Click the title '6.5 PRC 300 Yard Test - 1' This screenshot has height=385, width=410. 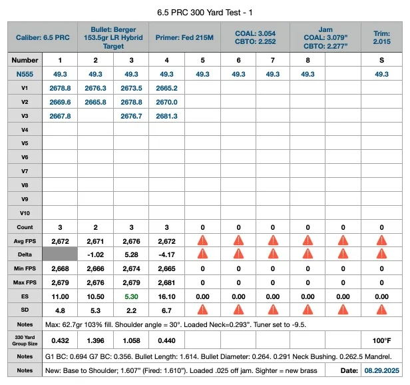point(205,13)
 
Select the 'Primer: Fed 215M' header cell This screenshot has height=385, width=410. point(184,38)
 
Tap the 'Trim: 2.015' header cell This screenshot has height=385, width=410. point(381,37)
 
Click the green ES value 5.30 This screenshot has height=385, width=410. point(131,296)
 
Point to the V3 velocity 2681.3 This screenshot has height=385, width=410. point(166,116)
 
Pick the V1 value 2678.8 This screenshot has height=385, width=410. point(60,88)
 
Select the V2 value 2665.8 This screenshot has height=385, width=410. point(95,102)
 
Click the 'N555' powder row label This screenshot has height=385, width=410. point(25,74)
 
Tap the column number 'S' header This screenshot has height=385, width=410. point(381,60)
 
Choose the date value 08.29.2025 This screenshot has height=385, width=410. point(381,370)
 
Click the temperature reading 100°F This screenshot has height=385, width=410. point(381,340)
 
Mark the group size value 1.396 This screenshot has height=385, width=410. point(95,340)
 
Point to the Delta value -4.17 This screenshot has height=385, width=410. point(166,254)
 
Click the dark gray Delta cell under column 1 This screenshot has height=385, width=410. point(60,254)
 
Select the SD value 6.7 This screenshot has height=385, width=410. point(166,310)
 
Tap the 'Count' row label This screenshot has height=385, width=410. point(25,227)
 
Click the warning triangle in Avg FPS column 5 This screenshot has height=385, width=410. point(202,240)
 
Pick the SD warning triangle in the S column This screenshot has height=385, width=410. point(381,309)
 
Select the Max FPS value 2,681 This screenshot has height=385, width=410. point(166,282)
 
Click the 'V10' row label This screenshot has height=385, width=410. point(25,213)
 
